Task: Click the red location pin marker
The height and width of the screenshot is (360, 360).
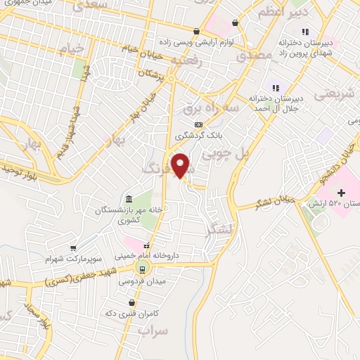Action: pyautogui.click(x=181, y=166)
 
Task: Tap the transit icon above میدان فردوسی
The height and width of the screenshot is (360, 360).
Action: pyautogui.click(x=143, y=269)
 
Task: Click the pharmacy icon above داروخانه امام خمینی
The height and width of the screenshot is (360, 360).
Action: pyautogui.click(x=147, y=246)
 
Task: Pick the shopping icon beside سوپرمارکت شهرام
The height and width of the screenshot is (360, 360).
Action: pyautogui.click(x=72, y=248)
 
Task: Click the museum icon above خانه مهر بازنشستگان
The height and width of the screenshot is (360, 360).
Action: pyautogui.click(x=127, y=198)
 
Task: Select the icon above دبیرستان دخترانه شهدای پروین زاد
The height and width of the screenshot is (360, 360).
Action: pyautogui.click(x=304, y=31)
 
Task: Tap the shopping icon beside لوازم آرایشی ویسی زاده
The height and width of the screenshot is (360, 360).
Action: pyautogui.click(x=235, y=23)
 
